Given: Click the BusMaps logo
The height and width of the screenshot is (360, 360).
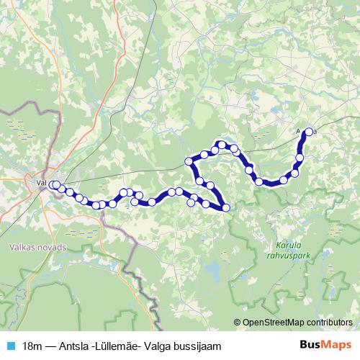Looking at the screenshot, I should (x=322, y=345).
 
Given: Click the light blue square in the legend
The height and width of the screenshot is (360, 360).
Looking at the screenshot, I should (x=10, y=345).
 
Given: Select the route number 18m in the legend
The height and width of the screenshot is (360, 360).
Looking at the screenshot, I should (x=32, y=345).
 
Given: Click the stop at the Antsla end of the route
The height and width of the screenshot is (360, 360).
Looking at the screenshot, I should (x=310, y=132).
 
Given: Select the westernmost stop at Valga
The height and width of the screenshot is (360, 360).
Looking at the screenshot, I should (x=53, y=185).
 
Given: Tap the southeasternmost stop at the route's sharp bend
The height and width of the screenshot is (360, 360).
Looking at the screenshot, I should (x=226, y=208).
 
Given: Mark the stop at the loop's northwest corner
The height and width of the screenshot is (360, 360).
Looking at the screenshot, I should (x=189, y=161).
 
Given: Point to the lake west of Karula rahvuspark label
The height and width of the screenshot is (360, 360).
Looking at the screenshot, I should (x=212, y=271).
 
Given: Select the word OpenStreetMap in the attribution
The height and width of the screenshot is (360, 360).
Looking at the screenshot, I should (x=277, y=322).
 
